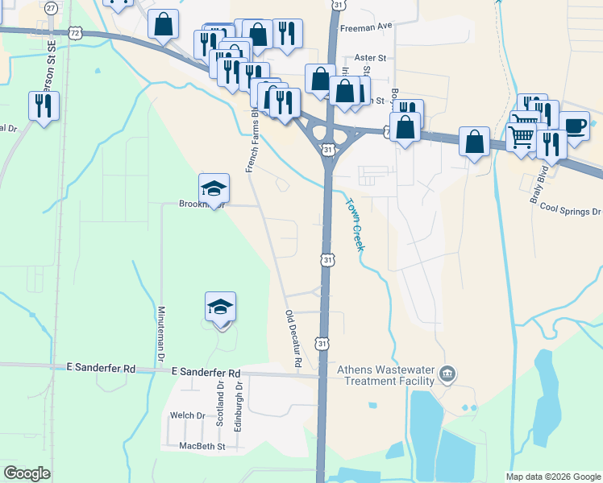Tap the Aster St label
click(x=372, y=58)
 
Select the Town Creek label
click(x=355, y=225)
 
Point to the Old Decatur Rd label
click(x=293, y=340)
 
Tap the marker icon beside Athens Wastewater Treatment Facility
click(x=449, y=375)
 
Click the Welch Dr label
click(x=188, y=415)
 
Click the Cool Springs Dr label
click(x=570, y=210)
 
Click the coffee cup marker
click(x=574, y=126)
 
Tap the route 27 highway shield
click(x=52, y=7)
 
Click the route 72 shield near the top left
click(x=75, y=32)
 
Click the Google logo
click(x=27, y=473)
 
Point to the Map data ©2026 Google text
click(x=552, y=477)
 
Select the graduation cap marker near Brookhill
click(x=214, y=189)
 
